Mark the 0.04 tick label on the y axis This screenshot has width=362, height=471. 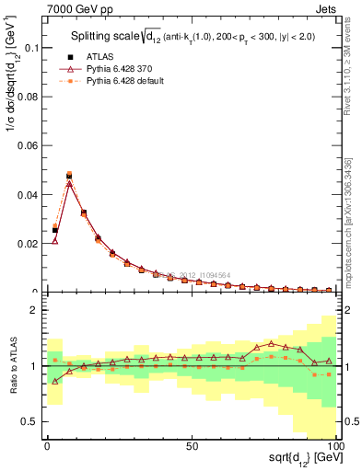tap(28, 195)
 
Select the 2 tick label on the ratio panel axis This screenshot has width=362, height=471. tap(33, 311)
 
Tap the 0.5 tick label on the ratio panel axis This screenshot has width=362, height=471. tap(29, 421)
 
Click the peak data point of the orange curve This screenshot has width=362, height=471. tap(69, 173)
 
